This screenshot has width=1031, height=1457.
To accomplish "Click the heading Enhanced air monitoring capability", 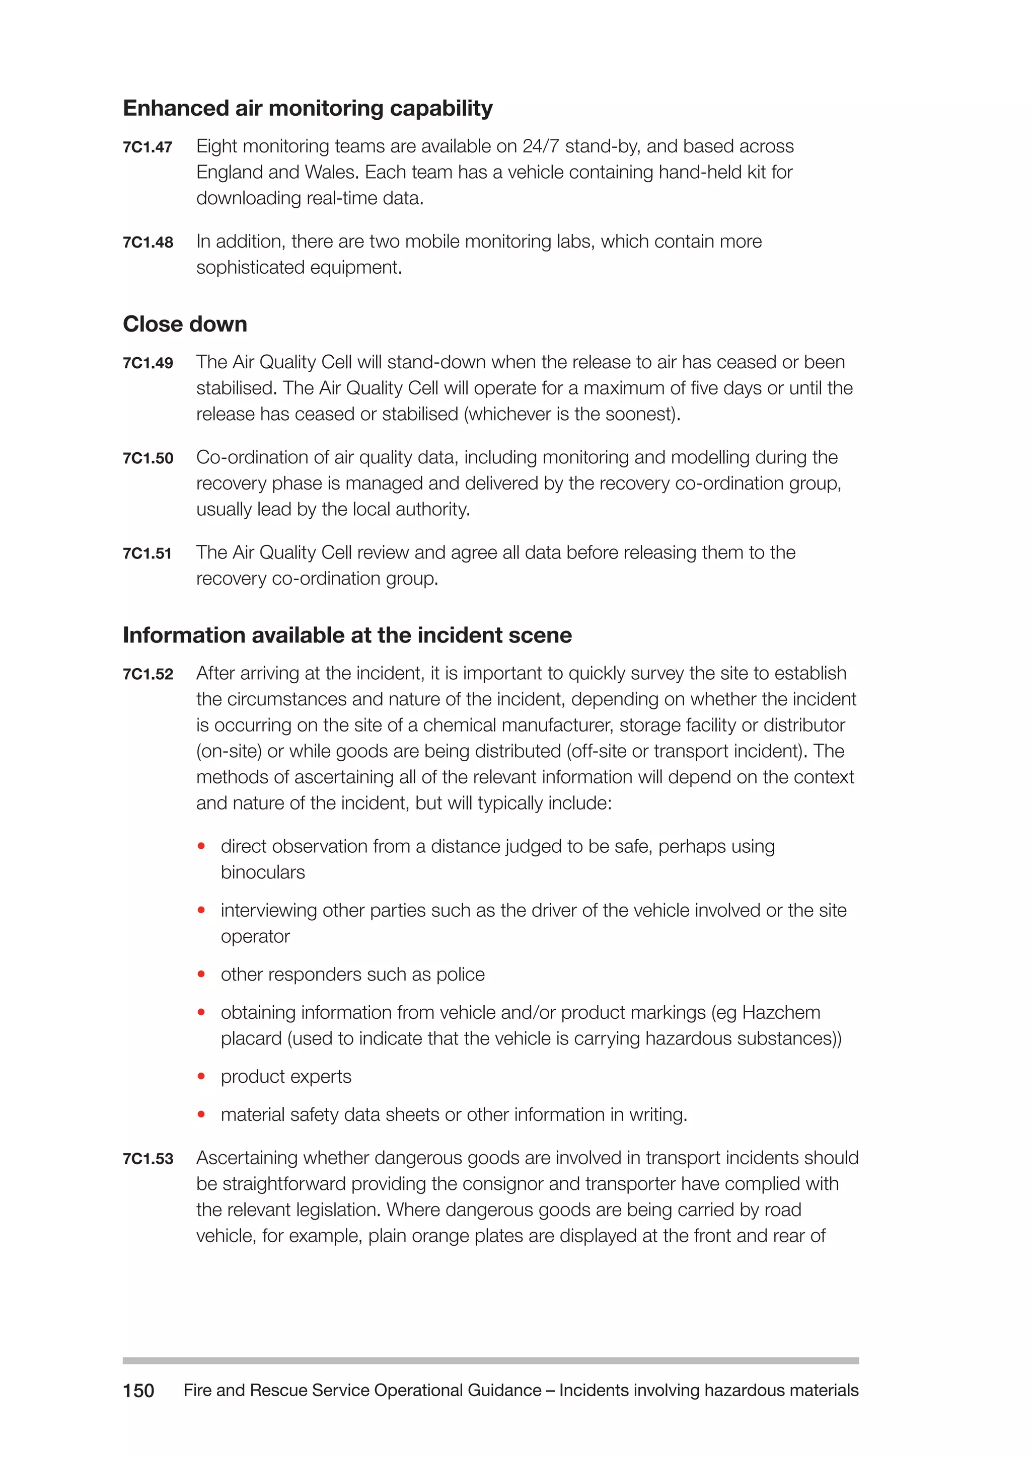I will (x=307, y=109).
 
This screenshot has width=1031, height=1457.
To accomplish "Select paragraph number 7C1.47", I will (x=148, y=147).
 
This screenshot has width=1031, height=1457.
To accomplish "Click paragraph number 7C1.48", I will (x=148, y=242).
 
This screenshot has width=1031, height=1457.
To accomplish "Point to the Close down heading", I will (x=185, y=325).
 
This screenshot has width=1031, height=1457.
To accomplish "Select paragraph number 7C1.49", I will (x=148, y=363).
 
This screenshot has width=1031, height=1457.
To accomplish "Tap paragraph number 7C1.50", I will (x=148, y=458).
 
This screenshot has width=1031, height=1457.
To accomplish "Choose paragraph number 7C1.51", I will (x=148, y=553).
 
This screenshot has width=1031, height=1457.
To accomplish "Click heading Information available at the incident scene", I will (x=347, y=635).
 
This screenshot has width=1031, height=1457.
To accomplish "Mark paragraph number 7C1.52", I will (x=148, y=674).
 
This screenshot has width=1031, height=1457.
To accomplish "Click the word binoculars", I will (x=263, y=872).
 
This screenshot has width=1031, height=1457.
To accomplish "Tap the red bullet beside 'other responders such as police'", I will (x=201, y=974).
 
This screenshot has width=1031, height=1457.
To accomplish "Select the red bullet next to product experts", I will (x=201, y=1076).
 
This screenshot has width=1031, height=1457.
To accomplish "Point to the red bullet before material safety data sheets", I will (x=201, y=1114).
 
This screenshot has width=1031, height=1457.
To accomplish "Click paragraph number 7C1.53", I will (x=148, y=1159).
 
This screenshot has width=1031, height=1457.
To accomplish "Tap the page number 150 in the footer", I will (x=138, y=1391).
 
